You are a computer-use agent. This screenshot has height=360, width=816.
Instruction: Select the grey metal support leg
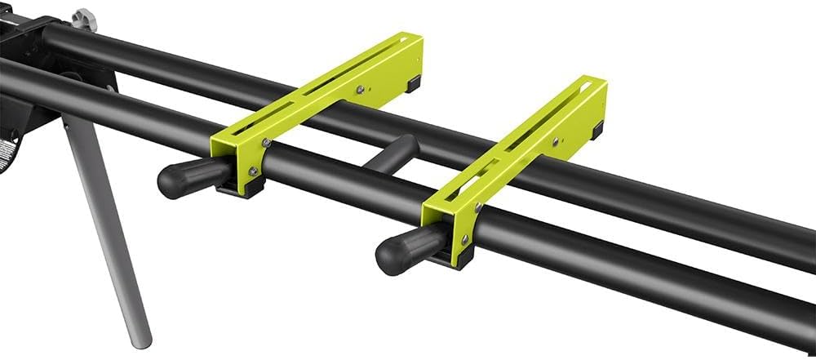coord(106,220)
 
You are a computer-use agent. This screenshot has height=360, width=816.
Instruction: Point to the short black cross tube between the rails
coord(391,154)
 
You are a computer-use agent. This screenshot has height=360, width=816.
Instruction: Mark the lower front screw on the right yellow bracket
coord(464,240)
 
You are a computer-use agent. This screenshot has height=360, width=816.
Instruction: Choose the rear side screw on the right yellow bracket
coord(557,140)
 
